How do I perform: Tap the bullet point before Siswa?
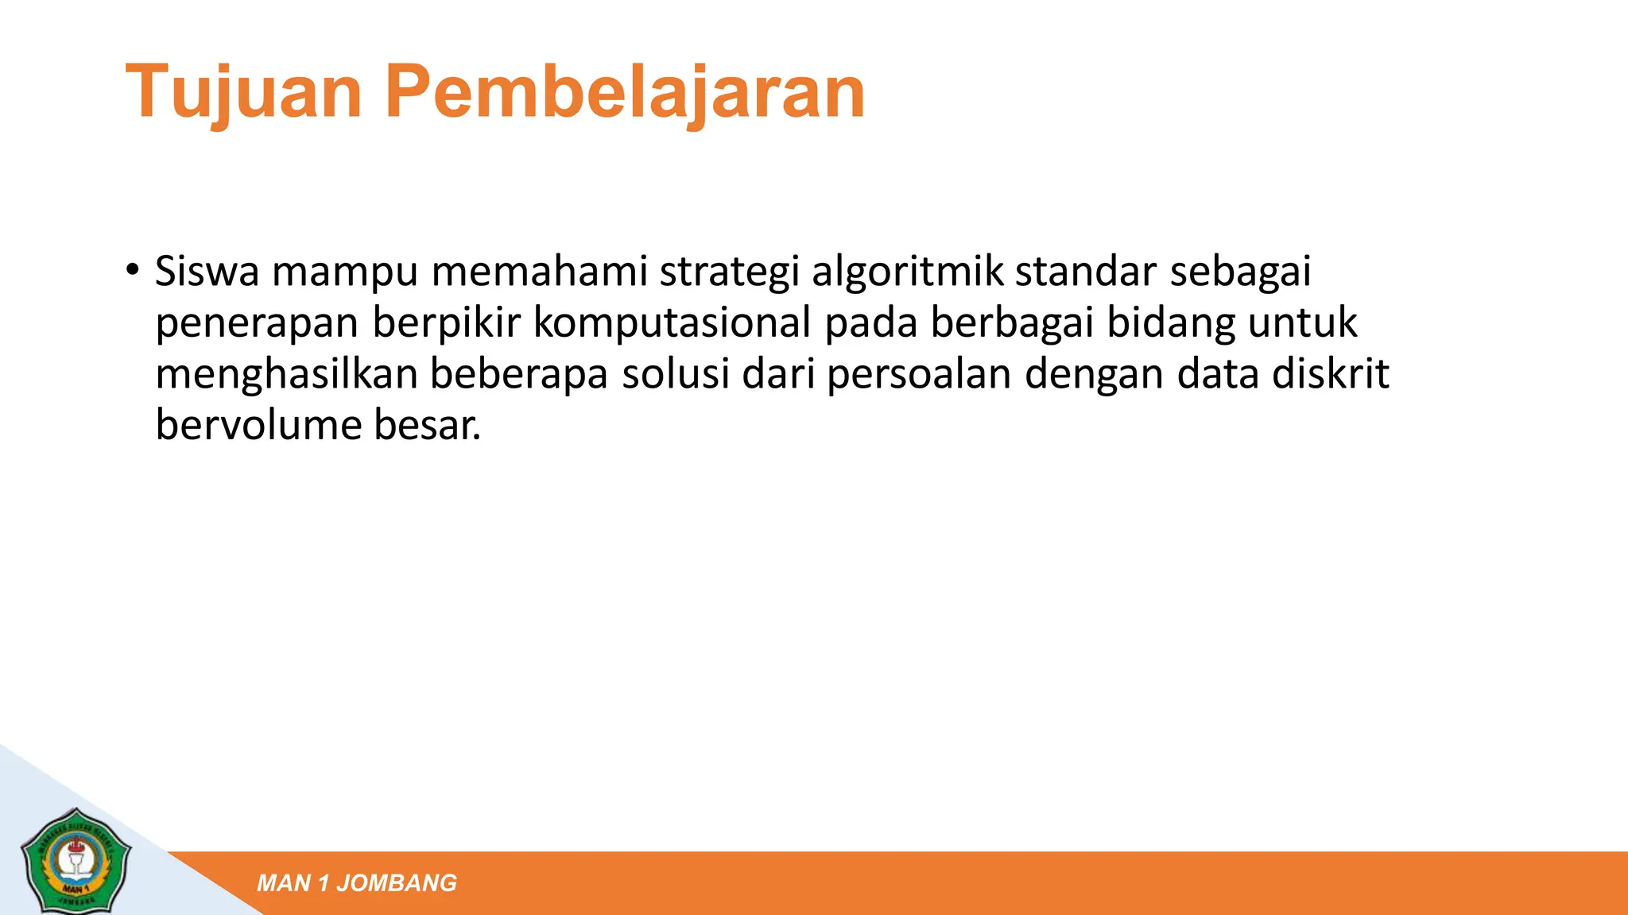coord(132,268)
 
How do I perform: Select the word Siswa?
coord(207,272)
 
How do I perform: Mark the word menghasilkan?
coord(286,375)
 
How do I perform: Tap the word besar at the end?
coord(427,426)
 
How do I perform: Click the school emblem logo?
coord(77,860)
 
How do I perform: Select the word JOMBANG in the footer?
coord(397,883)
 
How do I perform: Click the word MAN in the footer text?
coord(284,883)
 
